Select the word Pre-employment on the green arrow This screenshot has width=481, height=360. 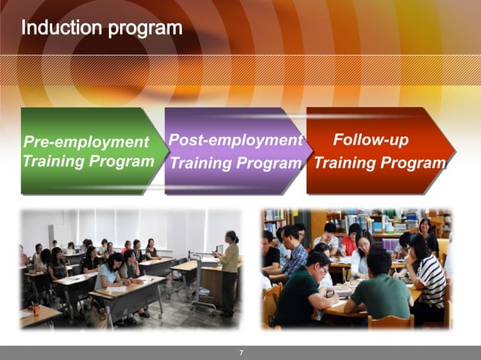click(x=86, y=142)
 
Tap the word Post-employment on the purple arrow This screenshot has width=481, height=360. click(x=234, y=140)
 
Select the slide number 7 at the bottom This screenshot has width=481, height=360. click(x=240, y=352)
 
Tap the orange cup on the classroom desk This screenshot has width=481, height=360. click(x=35, y=310)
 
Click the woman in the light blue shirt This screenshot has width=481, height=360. click(x=110, y=275)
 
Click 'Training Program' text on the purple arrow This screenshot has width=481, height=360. click(x=234, y=163)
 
